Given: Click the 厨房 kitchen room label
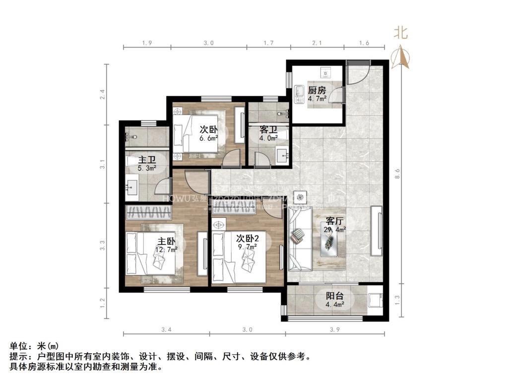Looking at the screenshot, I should tap(317, 90).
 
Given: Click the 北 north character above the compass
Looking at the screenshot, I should tap(401, 33).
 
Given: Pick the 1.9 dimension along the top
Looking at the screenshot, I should tap(147, 44).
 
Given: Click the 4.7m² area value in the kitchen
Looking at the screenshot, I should tap(317, 98).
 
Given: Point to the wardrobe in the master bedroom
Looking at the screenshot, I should tap(147, 214).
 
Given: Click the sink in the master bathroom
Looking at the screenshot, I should tap(133, 188).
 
